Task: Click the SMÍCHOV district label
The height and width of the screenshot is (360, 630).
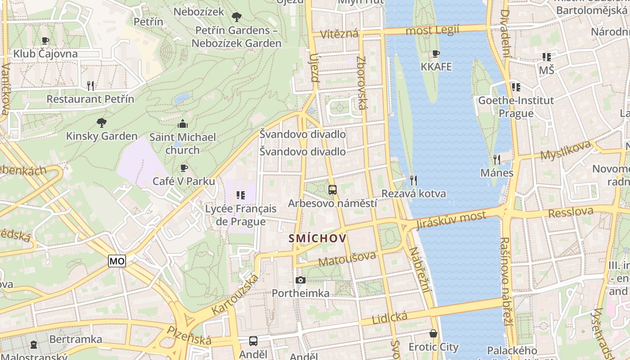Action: point(318,238)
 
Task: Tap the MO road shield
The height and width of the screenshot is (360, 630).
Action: point(117,261)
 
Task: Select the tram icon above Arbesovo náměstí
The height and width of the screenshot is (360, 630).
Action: point(333,190)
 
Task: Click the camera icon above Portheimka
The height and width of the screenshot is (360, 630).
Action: point(301,280)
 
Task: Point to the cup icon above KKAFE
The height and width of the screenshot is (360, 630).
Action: point(436,54)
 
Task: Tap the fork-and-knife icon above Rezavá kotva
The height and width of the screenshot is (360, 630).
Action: point(414,180)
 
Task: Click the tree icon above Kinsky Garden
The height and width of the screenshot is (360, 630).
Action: point(102,122)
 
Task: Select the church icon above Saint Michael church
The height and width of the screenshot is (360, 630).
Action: point(183,124)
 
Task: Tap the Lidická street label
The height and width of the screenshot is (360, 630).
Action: point(390,317)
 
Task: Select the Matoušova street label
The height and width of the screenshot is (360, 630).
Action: point(347,258)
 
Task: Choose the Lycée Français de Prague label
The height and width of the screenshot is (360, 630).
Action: point(240,215)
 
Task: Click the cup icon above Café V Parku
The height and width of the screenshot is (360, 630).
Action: point(184,168)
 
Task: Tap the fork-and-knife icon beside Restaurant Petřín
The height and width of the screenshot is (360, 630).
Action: point(90,85)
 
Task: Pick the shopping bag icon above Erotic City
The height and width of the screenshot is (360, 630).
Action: point(433,333)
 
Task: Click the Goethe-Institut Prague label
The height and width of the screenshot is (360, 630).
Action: point(516,107)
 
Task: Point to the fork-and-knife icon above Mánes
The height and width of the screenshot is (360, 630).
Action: point(497,159)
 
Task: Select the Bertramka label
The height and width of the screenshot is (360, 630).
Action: point(76,339)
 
